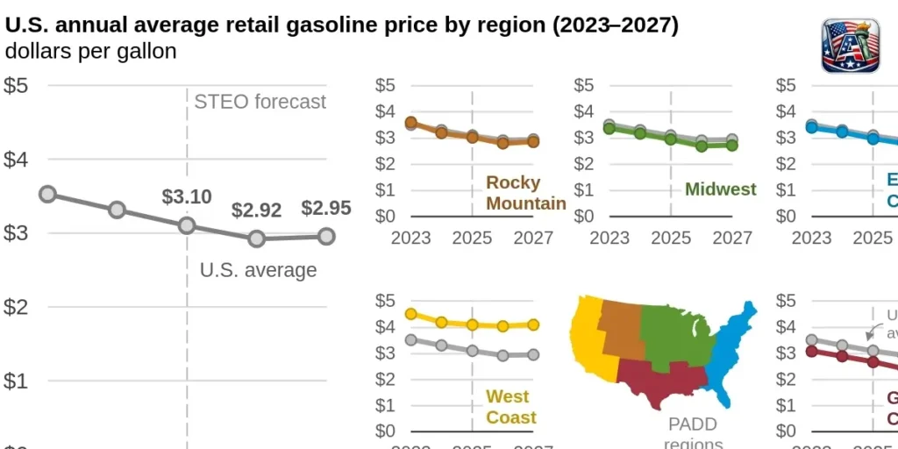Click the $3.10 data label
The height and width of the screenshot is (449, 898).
(187, 196)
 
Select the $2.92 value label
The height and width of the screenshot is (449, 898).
(256, 210)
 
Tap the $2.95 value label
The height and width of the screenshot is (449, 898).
(326, 208)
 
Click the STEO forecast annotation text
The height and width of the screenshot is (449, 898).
(260, 102)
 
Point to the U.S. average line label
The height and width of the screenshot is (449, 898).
(258, 270)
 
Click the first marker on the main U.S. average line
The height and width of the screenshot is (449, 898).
(48, 194)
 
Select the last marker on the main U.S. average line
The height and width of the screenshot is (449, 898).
(326, 236)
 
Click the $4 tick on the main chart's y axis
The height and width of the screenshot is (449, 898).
(20, 160)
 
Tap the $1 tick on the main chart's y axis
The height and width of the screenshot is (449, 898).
(20, 381)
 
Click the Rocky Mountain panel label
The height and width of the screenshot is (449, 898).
(525, 194)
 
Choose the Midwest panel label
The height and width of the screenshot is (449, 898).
(720, 189)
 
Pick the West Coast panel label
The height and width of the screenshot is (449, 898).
(511, 408)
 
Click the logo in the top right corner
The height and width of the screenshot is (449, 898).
(850, 46)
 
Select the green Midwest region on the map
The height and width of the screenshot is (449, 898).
(676, 334)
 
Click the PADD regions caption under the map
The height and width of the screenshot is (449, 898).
(693, 434)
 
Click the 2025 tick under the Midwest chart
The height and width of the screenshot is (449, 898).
(671, 238)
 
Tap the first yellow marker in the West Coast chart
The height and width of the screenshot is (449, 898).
(410, 314)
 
